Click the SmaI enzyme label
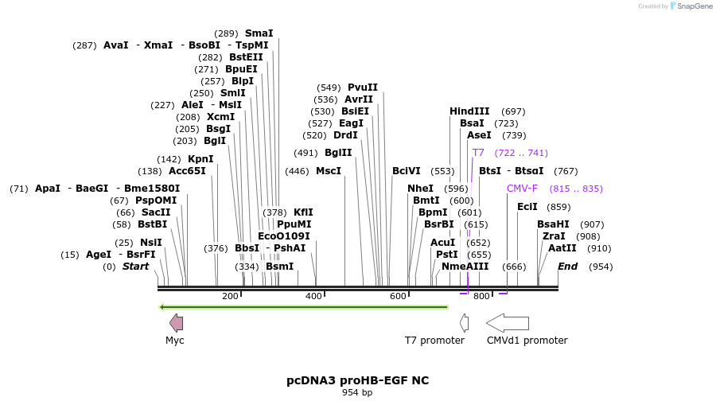259,33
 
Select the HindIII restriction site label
469,111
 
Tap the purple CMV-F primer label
522,189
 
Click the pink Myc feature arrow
176,322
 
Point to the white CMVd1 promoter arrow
507,322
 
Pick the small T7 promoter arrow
465,322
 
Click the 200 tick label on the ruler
230,297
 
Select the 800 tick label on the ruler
481,297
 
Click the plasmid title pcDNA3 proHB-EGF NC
357,380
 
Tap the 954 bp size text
357,393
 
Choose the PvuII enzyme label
363,88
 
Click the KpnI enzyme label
200,159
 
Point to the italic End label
567,267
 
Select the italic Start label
135,267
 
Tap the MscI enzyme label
328,171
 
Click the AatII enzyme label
562,248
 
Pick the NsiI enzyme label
151,243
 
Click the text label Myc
175,341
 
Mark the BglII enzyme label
338,153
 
